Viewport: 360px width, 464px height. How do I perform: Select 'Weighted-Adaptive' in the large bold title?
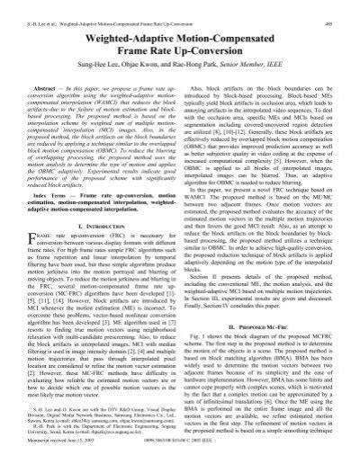click(x=107, y=27)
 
